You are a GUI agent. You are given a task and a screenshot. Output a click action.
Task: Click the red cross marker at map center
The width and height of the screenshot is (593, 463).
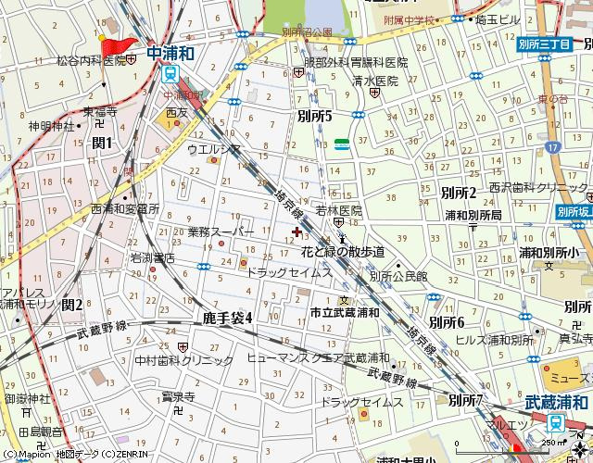296,231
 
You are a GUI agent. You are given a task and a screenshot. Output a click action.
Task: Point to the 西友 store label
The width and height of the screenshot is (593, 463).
177,113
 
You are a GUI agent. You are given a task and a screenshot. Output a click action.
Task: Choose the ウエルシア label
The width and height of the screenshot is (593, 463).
214,148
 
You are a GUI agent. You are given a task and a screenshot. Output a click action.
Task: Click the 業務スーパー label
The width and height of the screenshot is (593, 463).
220,231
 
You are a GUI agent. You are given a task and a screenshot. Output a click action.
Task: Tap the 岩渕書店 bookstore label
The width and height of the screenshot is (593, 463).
152,257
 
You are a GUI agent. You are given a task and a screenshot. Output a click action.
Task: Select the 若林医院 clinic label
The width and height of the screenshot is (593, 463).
338,210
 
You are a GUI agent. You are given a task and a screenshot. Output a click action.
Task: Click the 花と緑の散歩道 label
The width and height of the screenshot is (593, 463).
343,251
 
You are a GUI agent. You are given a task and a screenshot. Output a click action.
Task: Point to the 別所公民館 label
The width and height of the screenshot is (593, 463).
398,276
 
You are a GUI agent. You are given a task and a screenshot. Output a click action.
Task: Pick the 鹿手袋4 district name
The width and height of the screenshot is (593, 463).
227,318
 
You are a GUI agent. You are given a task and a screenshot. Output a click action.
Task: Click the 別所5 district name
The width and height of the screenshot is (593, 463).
315,116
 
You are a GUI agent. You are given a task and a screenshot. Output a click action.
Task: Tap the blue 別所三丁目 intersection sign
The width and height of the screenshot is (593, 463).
544,44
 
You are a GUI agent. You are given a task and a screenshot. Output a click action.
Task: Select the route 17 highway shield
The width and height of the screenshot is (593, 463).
553,146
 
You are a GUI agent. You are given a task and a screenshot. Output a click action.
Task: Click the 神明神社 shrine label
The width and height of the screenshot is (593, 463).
51,126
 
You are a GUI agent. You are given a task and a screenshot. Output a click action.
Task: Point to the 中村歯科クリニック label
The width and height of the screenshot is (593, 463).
184,360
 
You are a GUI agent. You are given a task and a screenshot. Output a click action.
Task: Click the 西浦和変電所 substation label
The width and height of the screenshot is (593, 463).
125,209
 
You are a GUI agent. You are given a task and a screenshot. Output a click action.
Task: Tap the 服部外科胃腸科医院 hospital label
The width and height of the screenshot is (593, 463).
356,62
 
